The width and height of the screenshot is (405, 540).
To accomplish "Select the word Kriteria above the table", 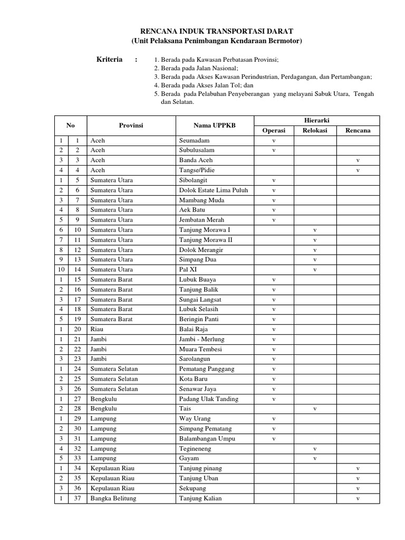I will pos(109,60).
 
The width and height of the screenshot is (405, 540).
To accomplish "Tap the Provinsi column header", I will pos(131,126).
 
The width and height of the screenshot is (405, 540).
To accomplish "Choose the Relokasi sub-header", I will pos(315,130).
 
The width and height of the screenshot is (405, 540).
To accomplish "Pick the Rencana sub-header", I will pos(358,130).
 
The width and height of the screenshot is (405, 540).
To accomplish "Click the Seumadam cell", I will pos(194,140).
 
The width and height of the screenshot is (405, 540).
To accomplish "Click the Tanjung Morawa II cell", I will pos(206,240).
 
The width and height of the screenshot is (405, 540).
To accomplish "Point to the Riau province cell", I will pos(97,329).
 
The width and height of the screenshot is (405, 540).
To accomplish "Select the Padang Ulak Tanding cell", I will pos(209,399).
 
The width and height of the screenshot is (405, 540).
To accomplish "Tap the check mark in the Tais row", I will pos(315,409).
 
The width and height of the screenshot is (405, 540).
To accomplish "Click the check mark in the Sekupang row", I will pos(358,489).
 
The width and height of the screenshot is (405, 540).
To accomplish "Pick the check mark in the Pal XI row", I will pos(315,269).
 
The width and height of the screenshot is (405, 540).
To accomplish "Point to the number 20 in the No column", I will pos(78,329).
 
